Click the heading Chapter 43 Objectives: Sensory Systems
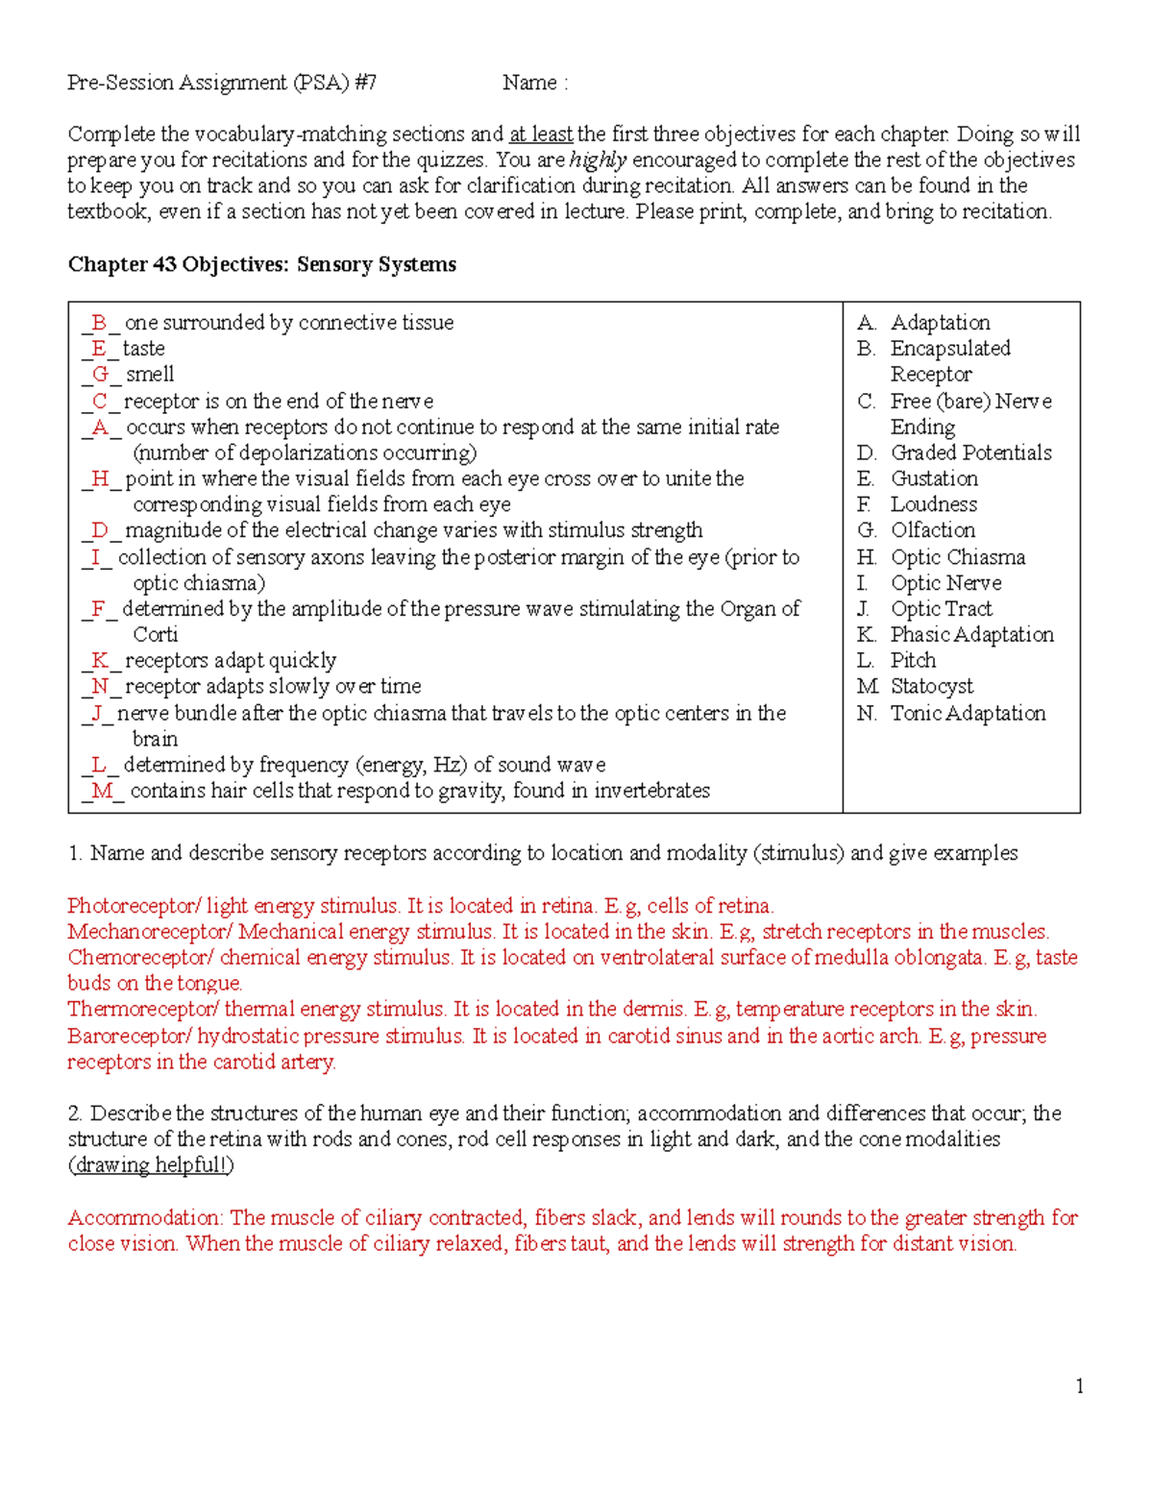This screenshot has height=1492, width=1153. coord(261,264)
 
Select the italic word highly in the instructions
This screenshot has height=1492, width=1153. coord(598,159)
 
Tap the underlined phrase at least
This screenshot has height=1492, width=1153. coord(540,134)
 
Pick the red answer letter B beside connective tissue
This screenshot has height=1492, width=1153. coord(99,323)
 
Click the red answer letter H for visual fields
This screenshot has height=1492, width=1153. coord(100,478)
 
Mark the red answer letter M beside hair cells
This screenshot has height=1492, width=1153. coord(103,791)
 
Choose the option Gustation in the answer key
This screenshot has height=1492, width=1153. coord(934,478)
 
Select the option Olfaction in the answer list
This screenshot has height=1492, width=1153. coord(932,530)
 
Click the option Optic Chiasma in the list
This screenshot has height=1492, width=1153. coord(957,557)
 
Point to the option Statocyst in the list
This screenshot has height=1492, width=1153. coord(931,686)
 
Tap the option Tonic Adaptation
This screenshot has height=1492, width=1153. coord(968,713)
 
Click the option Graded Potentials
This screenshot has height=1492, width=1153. coord(970,452)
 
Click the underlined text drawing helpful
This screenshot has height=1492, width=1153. coord(151,1164)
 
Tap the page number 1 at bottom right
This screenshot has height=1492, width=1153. coord(1080,1385)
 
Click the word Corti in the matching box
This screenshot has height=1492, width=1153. coord(155,634)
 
